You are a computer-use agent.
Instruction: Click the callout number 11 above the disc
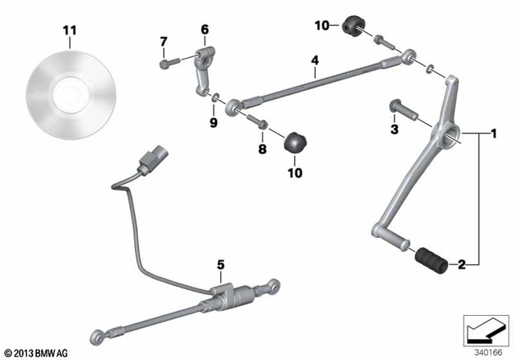tap(71, 31)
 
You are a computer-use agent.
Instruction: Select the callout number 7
tap(164, 42)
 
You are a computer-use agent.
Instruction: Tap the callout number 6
tap(204, 30)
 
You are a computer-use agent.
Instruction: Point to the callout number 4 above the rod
tap(314, 59)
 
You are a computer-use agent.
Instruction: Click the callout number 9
tap(213, 122)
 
